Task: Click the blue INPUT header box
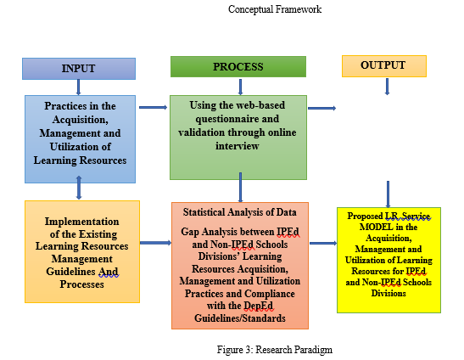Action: [x=79, y=69]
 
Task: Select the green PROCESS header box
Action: [x=238, y=67]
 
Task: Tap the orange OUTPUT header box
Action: [x=384, y=66]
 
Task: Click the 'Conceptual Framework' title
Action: [x=275, y=9]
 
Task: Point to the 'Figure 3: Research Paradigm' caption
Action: [x=275, y=350]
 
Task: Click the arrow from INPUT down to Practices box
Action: [x=78, y=87]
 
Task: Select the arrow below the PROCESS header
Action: [x=240, y=87]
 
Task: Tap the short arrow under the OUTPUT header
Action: [x=387, y=87]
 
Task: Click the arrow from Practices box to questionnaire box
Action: [x=153, y=107]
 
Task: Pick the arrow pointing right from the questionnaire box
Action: [x=322, y=108]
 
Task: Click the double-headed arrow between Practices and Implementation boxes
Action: [x=79, y=188]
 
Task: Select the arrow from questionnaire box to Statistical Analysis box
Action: [x=240, y=188]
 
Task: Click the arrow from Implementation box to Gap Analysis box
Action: [x=155, y=243]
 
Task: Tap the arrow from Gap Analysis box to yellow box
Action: [x=323, y=244]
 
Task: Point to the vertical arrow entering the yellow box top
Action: [x=388, y=194]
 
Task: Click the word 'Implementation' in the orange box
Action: [x=82, y=222]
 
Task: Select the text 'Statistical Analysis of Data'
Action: [x=240, y=212]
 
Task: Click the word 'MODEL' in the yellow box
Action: [x=374, y=228]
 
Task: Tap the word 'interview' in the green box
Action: [x=238, y=146]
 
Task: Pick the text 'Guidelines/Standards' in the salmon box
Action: [x=240, y=318]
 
